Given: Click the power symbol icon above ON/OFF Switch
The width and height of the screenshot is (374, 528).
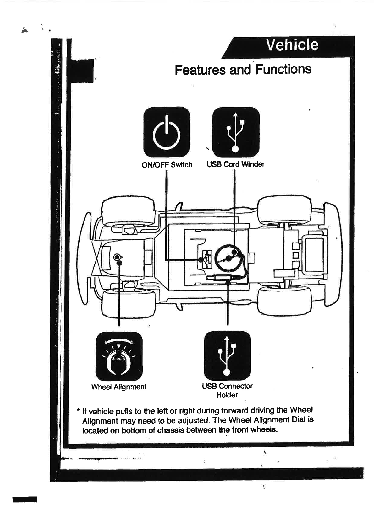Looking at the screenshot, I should point(167,132).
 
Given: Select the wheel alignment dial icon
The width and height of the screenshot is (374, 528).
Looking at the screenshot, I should point(119,356).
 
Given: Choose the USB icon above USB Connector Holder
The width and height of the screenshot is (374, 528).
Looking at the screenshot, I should point(227,355).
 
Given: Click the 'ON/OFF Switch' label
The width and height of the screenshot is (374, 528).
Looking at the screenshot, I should point(167,165).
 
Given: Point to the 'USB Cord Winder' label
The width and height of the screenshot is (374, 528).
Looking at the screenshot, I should point(235,164).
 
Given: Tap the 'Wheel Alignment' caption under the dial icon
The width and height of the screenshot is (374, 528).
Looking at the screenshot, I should point(119,387).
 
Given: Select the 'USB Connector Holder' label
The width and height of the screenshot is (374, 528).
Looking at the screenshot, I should point(227,390).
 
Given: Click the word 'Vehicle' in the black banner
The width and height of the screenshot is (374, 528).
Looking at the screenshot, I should point(292,45).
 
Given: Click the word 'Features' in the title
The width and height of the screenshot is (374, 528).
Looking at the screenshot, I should point(200,70).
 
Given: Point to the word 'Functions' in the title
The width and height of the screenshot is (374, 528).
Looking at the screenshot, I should point(283,69).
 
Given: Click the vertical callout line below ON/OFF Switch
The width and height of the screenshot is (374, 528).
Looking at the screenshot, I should point(166,213).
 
